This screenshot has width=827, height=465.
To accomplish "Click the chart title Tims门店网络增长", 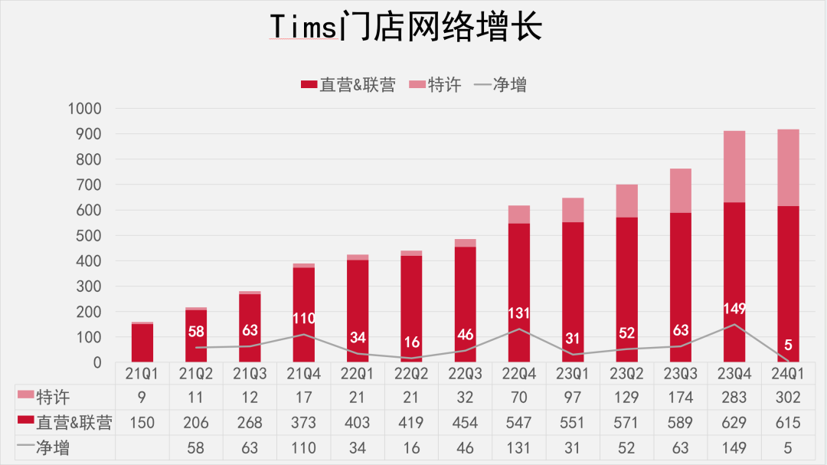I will coord(406,28).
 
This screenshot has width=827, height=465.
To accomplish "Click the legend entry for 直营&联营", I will coord(348,84).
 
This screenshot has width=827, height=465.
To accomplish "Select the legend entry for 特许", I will coord(436,84).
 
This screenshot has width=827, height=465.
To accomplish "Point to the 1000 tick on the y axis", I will coord(85,109).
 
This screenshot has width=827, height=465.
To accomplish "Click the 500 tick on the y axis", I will coord(90,235).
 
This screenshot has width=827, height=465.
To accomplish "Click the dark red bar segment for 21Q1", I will coord(142,342).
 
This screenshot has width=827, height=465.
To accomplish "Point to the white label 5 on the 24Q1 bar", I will coord(787,345).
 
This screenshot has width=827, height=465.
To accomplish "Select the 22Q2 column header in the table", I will coord(411,373).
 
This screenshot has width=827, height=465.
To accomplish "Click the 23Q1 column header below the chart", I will coord(572,373).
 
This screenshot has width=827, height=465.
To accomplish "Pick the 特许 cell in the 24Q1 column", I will coord(787,398).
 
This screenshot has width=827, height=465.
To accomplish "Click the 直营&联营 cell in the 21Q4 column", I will coord(304,423).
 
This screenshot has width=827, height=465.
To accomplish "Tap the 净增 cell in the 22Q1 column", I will coord(358,448).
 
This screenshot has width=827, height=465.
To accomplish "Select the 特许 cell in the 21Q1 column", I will coord(142,398).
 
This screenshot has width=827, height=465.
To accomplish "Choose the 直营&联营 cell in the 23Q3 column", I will coord(680,423).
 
